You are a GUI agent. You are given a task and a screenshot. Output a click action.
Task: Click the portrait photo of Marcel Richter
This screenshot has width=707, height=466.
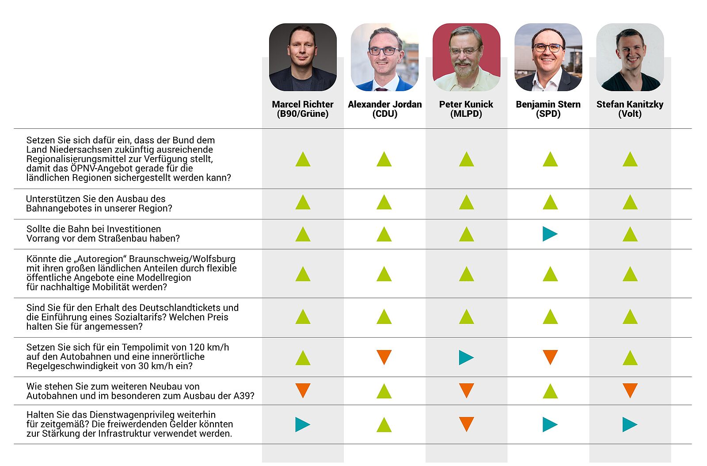click(x=303, y=57)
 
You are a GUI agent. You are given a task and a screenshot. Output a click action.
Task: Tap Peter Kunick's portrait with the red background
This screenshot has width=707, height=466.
click(x=466, y=57)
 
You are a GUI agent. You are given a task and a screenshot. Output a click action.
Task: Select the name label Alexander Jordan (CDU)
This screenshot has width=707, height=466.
click(x=384, y=109)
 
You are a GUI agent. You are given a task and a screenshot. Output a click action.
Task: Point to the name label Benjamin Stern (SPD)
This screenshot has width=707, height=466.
click(x=548, y=109)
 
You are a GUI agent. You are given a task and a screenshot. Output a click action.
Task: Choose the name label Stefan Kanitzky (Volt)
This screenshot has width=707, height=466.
click(x=630, y=109)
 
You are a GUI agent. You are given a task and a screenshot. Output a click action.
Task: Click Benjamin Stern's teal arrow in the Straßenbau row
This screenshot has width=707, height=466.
click(x=549, y=234)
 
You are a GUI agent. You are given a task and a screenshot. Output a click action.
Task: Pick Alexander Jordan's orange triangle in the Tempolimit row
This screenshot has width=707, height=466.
click(x=384, y=356)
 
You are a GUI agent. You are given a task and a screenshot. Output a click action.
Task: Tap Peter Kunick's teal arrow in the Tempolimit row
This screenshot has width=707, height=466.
click(x=466, y=357)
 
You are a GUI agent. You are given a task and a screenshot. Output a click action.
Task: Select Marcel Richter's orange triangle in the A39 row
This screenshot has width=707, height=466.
click(x=303, y=390)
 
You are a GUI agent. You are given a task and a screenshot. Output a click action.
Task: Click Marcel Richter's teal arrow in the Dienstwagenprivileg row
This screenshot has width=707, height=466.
click(x=302, y=424)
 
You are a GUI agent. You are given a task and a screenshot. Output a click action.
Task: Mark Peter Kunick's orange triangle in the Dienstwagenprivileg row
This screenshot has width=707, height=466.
click(x=466, y=424)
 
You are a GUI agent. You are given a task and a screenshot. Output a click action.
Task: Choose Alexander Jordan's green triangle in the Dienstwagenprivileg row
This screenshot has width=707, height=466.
click(x=384, y=425)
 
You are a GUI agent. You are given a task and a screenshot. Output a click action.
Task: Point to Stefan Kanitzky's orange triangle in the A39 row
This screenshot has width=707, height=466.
click(x=630, y=390)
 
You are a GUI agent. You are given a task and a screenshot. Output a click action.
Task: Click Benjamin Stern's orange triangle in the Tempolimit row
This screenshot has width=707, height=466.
click(x=550, y=356)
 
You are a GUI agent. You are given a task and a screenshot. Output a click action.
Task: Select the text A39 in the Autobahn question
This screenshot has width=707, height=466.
click(x=242, y=396)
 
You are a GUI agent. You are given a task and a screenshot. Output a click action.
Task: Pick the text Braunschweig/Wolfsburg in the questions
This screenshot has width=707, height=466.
click(x=182, y=259)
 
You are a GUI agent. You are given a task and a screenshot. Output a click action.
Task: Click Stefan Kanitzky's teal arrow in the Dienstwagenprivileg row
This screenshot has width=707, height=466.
click(x=629, y=424)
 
